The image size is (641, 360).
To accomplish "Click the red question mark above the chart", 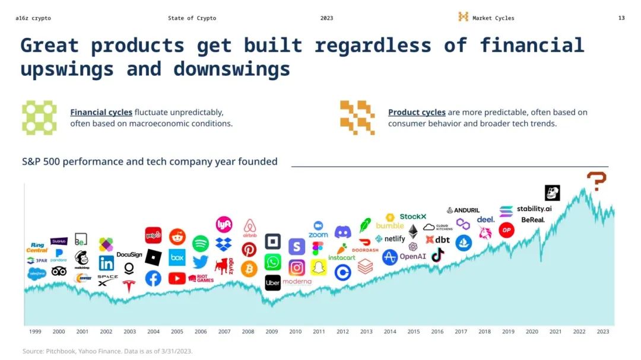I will tap(596, 181).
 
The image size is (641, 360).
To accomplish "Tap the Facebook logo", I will tap(153, 278).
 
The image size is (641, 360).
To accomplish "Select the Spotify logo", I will tap(201, 243).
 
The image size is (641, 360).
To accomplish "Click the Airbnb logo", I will tap(249, 228).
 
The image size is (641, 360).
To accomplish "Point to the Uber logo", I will tap(272, 283).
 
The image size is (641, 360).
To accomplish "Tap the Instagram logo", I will tap(297, 267).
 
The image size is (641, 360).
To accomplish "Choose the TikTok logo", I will tap(437, 255).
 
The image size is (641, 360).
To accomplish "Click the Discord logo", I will tap(342, 232).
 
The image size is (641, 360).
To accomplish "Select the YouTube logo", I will tap(177, 278).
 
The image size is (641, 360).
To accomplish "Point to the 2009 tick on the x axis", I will tap(272, 332).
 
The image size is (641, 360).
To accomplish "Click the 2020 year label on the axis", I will tap(532, 332).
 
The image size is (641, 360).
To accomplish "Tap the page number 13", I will tap(621, 18).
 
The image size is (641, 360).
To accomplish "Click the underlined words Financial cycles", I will tap(101, 112).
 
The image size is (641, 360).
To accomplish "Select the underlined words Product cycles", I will tap(417, 112).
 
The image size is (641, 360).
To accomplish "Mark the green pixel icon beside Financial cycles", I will tap(39, 117).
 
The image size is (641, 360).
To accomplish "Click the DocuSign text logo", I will tap(129, 254).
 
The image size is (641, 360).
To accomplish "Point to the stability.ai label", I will tap(534, 209).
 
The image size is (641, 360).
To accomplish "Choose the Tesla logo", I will tap(129, 286).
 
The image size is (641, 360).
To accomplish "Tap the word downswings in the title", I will tap(231, 69).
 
